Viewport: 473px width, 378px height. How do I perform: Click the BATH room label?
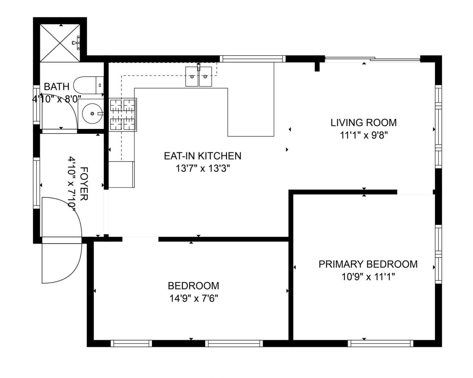click(x=57, y=87)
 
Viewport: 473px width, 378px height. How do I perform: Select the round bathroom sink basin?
click(x=92, y=114)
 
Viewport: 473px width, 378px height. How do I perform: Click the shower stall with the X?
click(x=60, y=43)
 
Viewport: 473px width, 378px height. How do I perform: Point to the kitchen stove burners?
click(x=123, y=115)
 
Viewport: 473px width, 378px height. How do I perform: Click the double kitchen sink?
click(x=199, y=76)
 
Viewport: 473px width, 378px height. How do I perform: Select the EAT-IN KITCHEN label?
click(x=202, y=156)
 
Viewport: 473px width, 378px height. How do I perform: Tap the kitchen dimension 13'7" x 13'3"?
click(x=203, y=169)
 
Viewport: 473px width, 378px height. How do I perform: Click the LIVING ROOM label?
click(x=363, y=123)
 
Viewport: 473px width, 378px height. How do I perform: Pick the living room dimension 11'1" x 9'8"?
click(x=363, y=135)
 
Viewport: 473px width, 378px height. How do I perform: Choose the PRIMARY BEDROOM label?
click(x=368, y=264)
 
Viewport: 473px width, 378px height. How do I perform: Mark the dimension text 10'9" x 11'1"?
click(x=368, y=277)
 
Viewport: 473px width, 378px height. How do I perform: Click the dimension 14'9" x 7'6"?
click(x=193, y=298)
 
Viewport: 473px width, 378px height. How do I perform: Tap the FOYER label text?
click(x=84, y=184)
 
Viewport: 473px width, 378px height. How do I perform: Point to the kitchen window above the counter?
click(x=253, y=59)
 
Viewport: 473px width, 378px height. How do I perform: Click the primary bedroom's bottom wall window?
click(x=380, y=343)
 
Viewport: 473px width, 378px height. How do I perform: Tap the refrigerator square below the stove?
click(x=122, y=174)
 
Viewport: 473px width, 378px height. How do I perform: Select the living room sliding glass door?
click(x=372, y=59)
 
